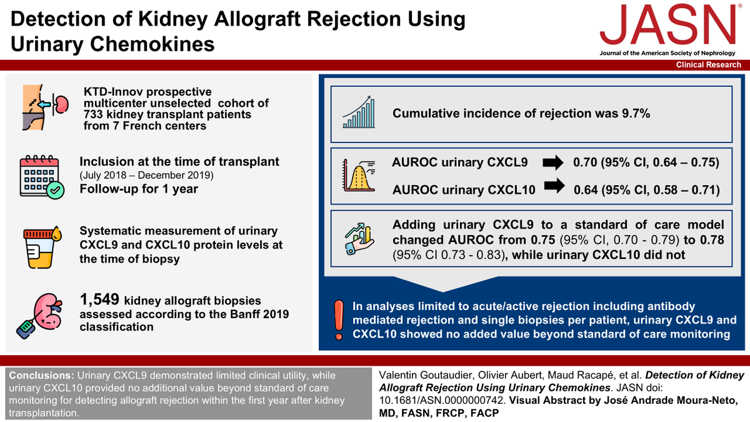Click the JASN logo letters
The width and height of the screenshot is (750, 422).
667,25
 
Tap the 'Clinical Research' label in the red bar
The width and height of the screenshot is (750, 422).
709,64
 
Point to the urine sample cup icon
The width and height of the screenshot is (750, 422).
42,247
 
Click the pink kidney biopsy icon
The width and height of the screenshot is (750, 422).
39,316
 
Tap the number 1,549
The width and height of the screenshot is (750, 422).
99,299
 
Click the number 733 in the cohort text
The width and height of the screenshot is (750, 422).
93,114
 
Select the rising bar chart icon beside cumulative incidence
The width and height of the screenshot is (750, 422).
359,112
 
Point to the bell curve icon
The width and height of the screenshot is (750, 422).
359,176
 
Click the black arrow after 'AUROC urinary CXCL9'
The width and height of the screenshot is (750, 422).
553,163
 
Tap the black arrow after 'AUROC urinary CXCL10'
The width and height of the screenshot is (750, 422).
554,186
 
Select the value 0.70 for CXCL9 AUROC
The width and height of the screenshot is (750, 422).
585,163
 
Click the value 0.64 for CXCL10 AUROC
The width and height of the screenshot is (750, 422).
586,190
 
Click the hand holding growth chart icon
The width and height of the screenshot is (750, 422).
359,238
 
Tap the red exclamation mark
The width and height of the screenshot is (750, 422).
339,320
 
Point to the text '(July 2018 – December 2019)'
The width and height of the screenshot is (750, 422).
146,175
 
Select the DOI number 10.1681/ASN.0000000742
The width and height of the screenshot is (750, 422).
441,400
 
